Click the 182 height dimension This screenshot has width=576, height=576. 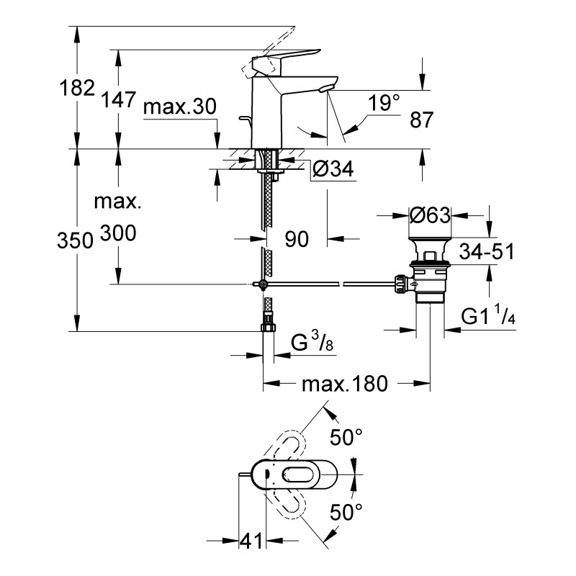tap(78, 88)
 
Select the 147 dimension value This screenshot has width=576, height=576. tap(119, 99)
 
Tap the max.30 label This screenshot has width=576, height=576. tap(179, 107)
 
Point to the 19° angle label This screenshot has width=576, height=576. tap(382, 103)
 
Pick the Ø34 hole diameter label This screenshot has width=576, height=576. tap(332, 170)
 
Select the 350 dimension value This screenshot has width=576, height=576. tap(76, 240)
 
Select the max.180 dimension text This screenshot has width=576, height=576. tap(344, 384)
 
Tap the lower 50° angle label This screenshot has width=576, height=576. tap(345, 513)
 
